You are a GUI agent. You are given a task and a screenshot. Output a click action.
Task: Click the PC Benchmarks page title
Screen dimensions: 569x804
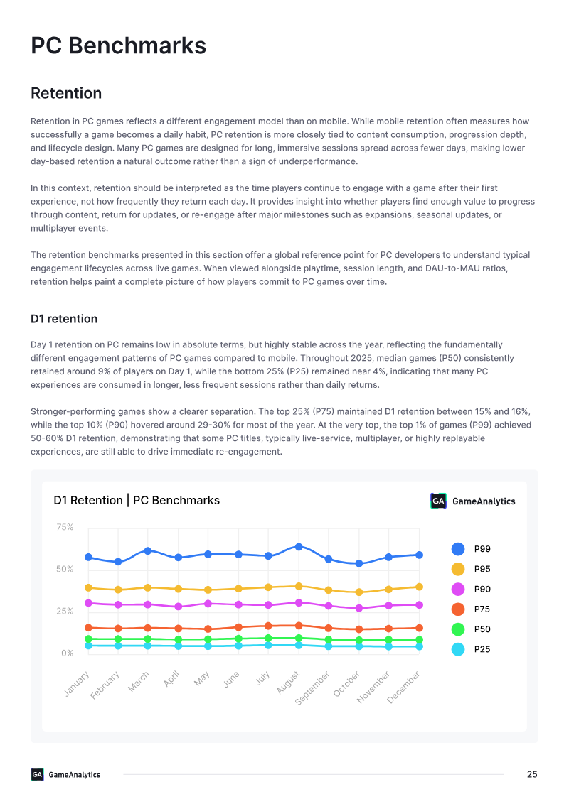point(118,45)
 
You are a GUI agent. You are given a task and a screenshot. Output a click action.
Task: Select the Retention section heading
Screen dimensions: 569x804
point(66,93)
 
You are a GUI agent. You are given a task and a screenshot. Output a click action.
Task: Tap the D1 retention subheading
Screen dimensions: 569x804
point(64,319)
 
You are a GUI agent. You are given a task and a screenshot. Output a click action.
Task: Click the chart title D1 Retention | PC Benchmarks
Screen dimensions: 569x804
point(137,501)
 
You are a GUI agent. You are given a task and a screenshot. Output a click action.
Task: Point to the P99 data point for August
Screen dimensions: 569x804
point(299,547)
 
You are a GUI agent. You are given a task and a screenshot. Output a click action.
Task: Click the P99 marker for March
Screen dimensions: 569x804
point(148,550)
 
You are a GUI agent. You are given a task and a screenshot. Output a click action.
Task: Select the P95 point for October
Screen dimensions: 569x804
point(359,592)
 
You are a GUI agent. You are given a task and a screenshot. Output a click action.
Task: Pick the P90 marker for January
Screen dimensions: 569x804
point(88,603)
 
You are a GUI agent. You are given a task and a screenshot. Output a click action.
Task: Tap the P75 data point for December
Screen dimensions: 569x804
point(419,628)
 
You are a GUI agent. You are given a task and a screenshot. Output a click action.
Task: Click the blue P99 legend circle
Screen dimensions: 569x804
point(458,549)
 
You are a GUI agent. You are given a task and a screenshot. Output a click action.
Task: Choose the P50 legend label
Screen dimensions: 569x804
point(482,629)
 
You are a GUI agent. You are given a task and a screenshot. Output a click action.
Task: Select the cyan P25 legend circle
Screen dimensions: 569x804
point(458,649)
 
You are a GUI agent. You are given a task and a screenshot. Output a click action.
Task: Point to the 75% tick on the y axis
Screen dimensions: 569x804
point(65,527)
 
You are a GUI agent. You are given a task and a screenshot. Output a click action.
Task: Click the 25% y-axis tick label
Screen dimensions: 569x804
point(65,612)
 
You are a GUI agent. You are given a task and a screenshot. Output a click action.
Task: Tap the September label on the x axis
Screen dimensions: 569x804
point(312,688)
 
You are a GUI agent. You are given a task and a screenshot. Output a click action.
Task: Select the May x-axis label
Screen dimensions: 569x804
point(202,678)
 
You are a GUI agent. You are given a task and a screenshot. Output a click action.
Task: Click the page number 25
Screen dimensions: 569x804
point(532,774)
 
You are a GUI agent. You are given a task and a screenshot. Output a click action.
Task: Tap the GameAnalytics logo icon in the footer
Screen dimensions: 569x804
point(37,774)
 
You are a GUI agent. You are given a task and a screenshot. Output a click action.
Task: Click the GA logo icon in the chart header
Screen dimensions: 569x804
point(438,501)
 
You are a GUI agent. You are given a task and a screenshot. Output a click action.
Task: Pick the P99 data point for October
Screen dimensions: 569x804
point(359,563)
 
